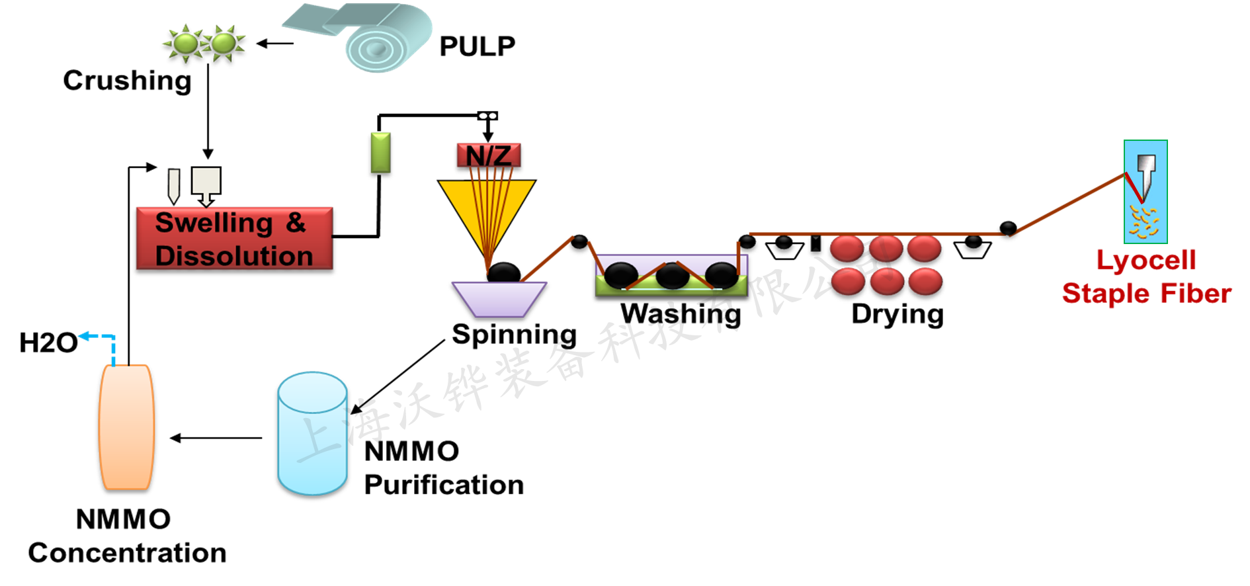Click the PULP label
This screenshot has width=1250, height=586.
click(477, 46)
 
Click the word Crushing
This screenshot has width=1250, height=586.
click(127, 81)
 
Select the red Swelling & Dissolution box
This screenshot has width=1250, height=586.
click(234, 239)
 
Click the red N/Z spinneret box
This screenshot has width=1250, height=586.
click(489, 155)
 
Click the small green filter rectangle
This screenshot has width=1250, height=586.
click(380, 153)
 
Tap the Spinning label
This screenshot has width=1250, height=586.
click(514, 335)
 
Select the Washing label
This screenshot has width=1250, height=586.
click(681, 314)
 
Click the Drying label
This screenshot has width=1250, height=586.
click(897, 314)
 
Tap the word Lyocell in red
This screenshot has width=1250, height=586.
click(1146, 260)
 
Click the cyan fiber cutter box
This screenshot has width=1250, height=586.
click(1146, 192)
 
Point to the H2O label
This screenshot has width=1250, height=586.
click(48, 343)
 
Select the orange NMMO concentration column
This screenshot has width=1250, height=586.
click(126, 427)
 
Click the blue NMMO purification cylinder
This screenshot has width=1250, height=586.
click(312, 434)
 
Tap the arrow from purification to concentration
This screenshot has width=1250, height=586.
click(216, 438)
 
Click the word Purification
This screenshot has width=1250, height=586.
click(444, 485)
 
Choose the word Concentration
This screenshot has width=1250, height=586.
click(127, 553)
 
